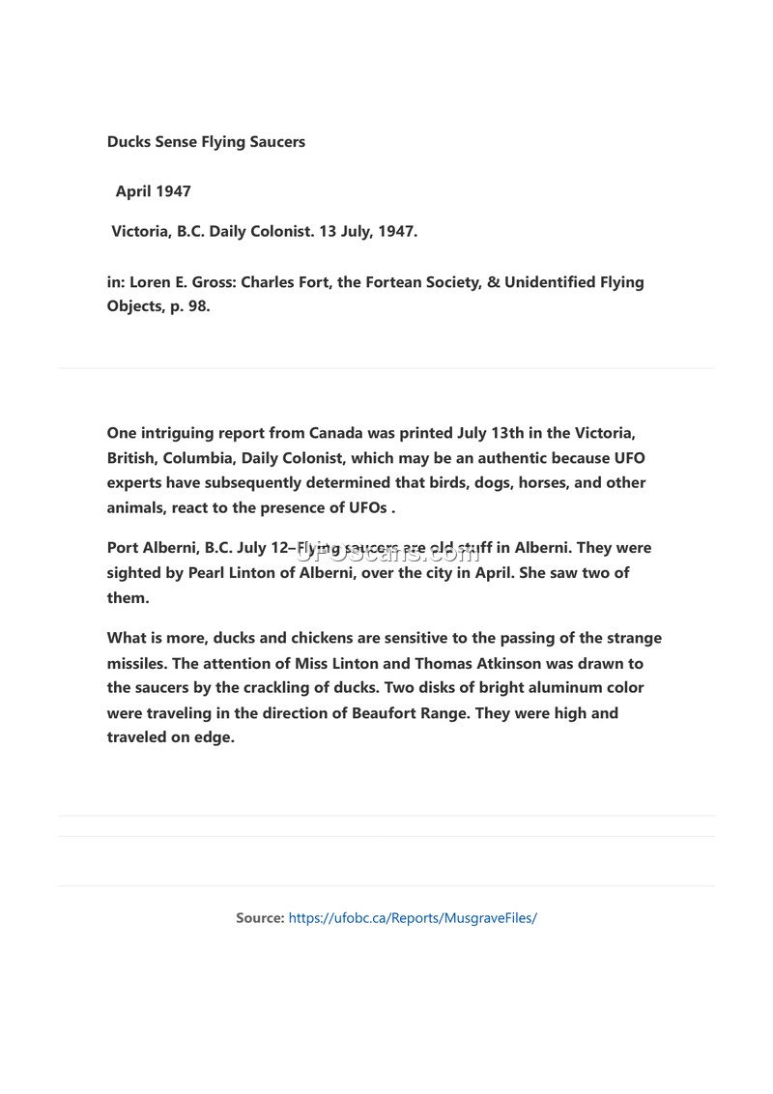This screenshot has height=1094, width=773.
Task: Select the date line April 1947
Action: (x=153, y=191)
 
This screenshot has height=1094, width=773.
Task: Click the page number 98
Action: (x=195, y=306)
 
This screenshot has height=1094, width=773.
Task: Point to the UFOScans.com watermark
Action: (x=386, y=553)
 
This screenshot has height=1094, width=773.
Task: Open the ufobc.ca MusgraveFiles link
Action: (x=413, y=918)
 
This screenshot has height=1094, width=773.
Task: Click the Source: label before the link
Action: (x=260, y=918)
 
